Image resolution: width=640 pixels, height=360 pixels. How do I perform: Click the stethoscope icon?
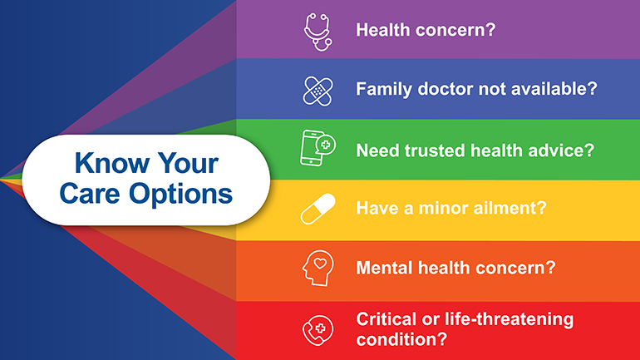tap(316, 31)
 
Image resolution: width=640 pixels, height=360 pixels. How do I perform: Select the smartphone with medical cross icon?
tap(316, 149)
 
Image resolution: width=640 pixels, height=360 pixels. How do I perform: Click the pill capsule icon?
tap(316, 209)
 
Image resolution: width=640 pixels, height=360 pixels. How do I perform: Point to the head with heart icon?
tap(316, 269)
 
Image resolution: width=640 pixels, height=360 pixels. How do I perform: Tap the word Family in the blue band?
tap(383, 88)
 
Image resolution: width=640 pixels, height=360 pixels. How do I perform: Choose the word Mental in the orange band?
tap(383, 269)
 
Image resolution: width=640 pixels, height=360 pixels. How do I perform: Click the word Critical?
tap(384, 320)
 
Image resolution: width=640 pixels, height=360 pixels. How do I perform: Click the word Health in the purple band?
tap(381, 31)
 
